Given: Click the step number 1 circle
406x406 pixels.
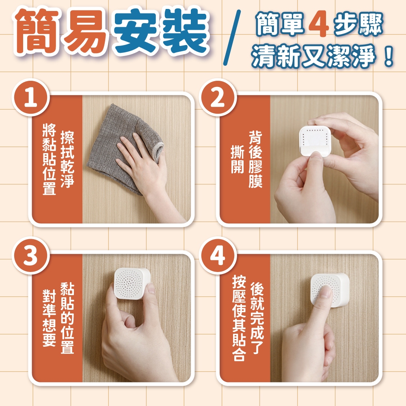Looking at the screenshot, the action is (30, 97).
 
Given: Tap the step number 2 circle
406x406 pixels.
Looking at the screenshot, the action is (218, 97).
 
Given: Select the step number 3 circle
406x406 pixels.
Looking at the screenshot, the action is (30, 255).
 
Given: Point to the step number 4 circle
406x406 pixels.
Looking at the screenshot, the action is (218, 255).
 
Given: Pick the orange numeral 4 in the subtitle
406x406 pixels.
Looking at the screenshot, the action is (319, 25).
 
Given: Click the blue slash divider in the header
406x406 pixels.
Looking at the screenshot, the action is (232, 38).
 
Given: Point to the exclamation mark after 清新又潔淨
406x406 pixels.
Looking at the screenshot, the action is (389, 56).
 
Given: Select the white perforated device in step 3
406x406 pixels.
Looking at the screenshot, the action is (132, 283).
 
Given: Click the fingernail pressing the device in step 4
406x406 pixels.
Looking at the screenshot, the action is (326, 292).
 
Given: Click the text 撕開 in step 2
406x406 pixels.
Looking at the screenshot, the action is (237, 159).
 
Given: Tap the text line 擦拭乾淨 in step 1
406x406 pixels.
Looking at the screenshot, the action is (67, 159).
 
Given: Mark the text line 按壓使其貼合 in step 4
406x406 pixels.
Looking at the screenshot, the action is (239, 318).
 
